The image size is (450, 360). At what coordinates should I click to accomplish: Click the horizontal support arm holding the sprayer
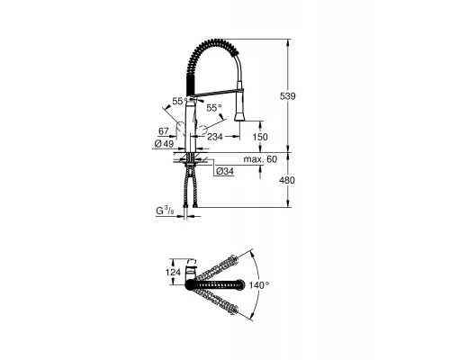pos(216,89)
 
